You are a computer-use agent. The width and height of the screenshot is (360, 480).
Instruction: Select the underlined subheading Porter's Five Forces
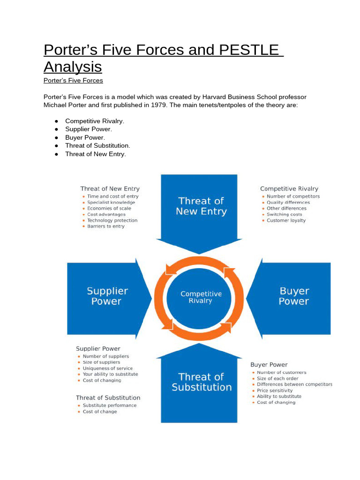click(x=73, y=81)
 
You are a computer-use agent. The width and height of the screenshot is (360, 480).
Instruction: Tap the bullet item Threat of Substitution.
click(x=97, y=145)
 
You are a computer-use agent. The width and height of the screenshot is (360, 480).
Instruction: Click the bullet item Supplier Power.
click(x=89, y=129)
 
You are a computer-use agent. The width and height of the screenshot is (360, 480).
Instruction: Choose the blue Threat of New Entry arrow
click(x=201, y=206)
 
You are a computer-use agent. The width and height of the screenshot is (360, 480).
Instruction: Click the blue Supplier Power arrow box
click(x=107, y=296)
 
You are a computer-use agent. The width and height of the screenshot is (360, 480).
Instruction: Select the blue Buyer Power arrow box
click(x=293, y=296)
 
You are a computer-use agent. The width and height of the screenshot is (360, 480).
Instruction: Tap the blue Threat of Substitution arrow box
click(x=202, y=382)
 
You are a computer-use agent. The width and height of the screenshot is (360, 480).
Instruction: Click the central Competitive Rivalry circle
click(x=201, y=297)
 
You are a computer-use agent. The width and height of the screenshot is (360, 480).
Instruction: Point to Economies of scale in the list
click(x=109, y=209)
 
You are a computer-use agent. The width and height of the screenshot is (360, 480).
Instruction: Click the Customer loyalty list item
click(x=286, y=220)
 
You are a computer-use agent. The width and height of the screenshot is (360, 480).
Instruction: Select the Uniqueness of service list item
click(x=107, y=368)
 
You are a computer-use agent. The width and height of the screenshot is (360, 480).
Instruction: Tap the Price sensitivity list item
click(x=275, y=390)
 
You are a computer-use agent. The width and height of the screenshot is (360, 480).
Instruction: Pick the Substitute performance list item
click(x=110, y=405)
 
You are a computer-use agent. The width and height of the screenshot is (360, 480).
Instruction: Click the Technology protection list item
click(x=112, y=220)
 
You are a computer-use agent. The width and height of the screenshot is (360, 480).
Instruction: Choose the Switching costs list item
click(x=285, y=214)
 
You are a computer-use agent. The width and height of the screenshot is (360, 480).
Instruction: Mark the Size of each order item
click(x=277, y=378)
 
